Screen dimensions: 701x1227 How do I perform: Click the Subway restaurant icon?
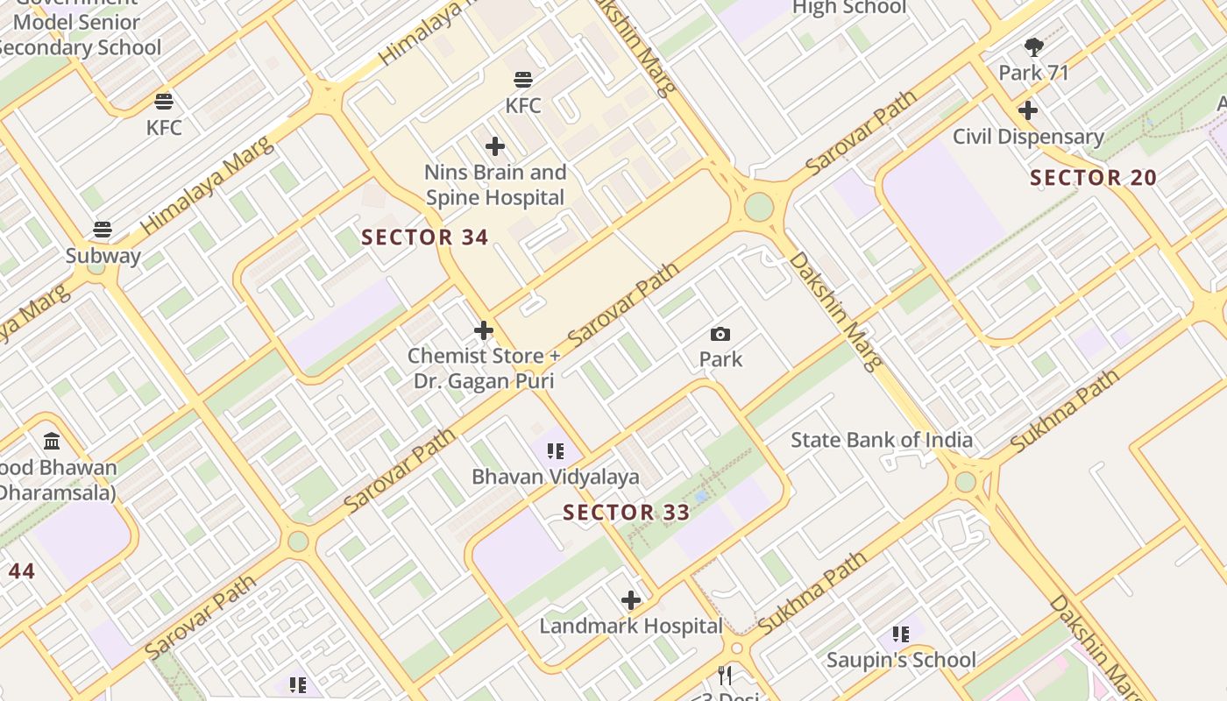(x=103, y=230)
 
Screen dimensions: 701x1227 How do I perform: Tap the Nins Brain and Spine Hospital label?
(x=495, y=185)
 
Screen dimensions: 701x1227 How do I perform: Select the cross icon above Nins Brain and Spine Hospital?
(x=495, y=146)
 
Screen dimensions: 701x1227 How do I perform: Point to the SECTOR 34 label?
(x=425, y=237)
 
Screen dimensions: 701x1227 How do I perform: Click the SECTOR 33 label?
(x=627, y=513)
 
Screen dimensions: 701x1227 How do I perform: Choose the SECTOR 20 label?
(x=1093, y=178)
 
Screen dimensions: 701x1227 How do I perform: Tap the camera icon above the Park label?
(x=720, y=334)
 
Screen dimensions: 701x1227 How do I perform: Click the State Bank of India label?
(x=882, y=440)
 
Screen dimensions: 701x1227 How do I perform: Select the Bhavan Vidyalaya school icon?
(x=555, y=451)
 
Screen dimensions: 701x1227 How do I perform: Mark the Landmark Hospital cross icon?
(x=631, y=600)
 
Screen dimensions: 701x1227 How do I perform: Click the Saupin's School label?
(x=901, y=660)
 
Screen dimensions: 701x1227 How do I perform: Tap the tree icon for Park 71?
(x=1034, y=47)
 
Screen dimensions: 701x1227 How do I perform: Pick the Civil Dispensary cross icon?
(x=1028, y=110)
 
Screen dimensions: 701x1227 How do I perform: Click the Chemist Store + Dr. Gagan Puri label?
(x=484, y=368)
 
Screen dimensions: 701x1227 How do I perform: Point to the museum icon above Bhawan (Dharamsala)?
(x=52, y=441)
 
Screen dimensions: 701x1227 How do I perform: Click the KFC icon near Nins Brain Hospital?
(x=523, y=80)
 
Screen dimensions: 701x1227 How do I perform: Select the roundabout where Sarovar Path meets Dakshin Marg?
(x=759, y=208)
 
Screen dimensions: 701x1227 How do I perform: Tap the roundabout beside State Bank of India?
(x=966, y=482)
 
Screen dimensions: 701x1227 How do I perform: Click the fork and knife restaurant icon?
(x=725, y=675)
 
